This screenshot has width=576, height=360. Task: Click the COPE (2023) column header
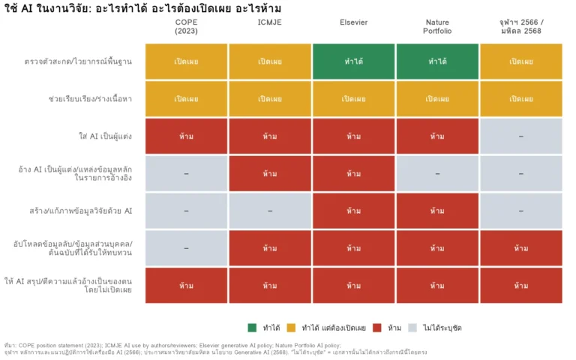click(186, 26)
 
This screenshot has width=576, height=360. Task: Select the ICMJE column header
click(270, 22)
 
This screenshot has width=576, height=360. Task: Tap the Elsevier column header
click(353, 22)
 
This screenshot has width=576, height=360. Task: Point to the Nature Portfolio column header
click(437, 26)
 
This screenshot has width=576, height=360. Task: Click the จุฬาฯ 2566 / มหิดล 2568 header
click(521, 26)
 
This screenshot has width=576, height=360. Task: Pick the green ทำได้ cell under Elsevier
click(354, 61)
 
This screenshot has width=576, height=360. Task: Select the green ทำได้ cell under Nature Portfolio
click(437, 61)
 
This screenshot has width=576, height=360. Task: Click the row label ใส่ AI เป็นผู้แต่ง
click(105, 136)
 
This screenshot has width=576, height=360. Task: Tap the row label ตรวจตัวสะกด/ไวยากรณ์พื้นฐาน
click(78, 61)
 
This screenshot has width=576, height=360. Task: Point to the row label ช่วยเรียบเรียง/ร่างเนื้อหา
click(90, 99)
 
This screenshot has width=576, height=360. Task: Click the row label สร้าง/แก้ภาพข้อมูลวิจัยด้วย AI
click(81, 211)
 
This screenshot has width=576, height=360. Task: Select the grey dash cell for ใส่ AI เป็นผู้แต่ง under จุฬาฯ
click(521, 136)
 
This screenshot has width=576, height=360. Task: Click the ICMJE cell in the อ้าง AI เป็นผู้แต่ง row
click(270, 173)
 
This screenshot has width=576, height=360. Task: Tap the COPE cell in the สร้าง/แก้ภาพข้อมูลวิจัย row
click(186, 211)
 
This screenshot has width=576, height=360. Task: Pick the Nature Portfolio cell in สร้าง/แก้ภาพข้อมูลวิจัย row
click(437, 211)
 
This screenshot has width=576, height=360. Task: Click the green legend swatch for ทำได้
click(252, 328)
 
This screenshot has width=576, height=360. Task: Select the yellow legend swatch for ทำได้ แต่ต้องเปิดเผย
click(291, 328)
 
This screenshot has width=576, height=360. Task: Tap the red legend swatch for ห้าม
click(377, 328)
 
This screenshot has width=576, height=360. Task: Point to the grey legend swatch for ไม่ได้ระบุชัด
click(412, 328)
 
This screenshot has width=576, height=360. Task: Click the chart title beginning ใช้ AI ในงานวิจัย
click(142, 8)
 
